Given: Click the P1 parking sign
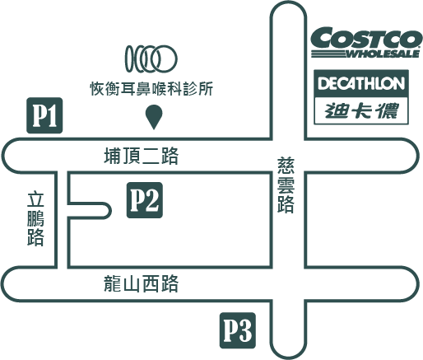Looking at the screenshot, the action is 44,115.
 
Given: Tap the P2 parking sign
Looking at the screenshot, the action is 145,200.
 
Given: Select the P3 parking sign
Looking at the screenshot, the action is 238,330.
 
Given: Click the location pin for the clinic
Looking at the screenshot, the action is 154,117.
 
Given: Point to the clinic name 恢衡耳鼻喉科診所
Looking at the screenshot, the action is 151,88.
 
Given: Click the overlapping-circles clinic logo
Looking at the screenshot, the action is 151,58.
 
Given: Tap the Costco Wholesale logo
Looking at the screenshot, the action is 366,42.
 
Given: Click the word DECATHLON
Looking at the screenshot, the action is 361,83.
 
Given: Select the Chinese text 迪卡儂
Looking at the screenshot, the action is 361,110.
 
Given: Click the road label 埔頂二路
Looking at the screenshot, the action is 142,156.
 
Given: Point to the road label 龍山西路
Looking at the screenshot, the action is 142,283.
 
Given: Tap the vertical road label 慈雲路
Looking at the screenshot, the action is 286,185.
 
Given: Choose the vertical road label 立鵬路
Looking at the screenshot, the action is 35,219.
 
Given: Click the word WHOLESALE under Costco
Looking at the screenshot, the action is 383,54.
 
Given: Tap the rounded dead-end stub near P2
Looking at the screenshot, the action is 105,211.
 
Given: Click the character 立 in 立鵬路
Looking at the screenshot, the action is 35,200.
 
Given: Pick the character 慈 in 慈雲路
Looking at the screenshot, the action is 286,166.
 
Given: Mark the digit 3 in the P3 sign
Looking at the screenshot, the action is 244,330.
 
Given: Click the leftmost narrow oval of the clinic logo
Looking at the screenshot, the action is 129,58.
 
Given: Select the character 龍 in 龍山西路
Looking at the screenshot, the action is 113,283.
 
